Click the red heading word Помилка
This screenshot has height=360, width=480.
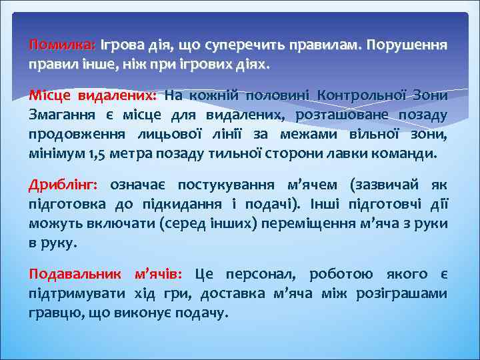pyautogui.click(x=62, y=45)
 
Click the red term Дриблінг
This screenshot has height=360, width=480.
pyautogui.click(x=63, y=183)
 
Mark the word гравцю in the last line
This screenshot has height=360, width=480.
pyautogui.click(x=53, y=312)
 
